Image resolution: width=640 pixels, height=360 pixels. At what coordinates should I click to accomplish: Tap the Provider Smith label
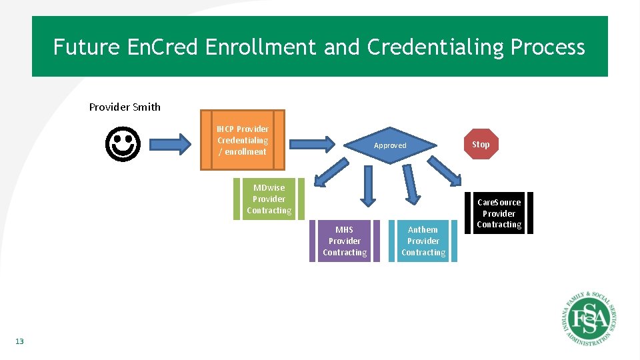(x=125, y=107)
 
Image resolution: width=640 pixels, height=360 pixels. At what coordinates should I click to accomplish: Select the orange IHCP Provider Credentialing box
(x=243, y=140)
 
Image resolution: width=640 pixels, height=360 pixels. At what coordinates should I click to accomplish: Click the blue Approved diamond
(x=390, y=145)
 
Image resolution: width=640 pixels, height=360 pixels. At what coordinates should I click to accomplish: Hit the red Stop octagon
(x=481, y=144)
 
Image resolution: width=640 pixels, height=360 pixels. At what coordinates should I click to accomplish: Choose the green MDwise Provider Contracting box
(x=269, y=199)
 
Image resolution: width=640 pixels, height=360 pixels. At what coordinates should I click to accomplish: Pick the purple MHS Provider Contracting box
(x=344, y=241)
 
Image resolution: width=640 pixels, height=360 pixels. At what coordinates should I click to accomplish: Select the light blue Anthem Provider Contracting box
(x=423, y=241)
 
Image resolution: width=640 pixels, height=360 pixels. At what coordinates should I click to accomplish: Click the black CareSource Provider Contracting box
(x=499, y=213)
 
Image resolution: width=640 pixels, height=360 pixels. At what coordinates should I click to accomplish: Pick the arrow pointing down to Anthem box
(x=411, y=184)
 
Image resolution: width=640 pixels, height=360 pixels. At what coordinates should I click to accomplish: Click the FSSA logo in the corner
(x=586, y=319)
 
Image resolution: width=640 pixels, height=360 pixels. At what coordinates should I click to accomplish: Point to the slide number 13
(x=19, y=341)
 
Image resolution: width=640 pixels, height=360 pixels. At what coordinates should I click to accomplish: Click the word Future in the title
(x=85, y=47)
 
